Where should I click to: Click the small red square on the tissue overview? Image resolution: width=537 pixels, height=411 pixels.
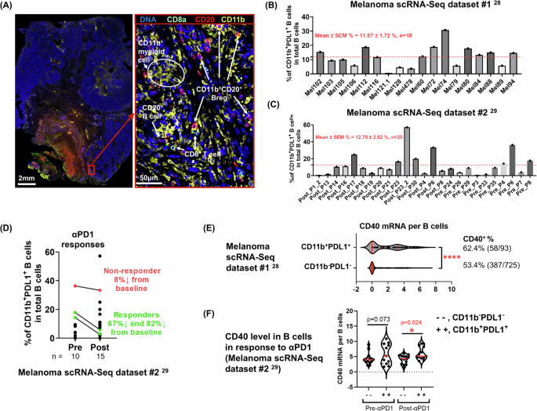[x=93, y=167]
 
